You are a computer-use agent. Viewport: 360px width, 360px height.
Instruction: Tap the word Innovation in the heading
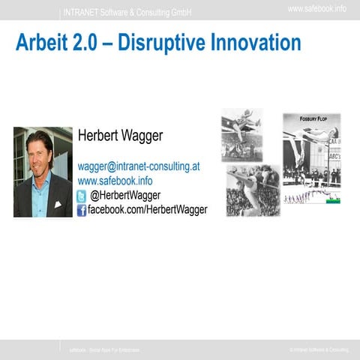[259, 43]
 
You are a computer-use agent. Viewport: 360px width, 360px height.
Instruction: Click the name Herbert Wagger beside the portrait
[120, 136]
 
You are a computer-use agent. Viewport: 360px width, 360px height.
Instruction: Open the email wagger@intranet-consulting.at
[139, 166]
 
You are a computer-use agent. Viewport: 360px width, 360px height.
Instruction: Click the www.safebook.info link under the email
[115, 181]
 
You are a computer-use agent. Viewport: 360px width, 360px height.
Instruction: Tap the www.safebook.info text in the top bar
[316, 8]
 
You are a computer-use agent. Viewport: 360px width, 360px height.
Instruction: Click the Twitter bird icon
[82, 196]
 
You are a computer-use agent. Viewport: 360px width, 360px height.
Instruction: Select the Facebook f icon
[82, 211]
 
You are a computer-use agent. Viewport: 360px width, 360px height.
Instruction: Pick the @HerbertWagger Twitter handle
[125, 196]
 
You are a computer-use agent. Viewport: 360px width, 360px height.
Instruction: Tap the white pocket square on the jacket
[58, 203]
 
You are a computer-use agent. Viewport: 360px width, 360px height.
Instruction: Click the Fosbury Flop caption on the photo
[311, 118]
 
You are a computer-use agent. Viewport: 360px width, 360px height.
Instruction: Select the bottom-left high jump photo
[253, 190]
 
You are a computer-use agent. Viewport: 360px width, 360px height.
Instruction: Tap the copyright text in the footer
[319, 350]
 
